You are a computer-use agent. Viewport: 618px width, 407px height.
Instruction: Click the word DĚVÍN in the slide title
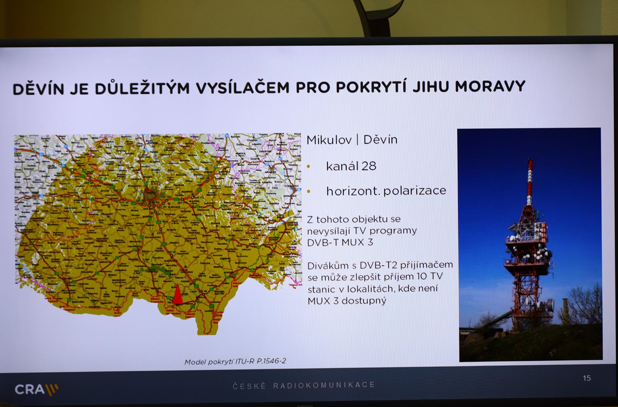click(38, 89)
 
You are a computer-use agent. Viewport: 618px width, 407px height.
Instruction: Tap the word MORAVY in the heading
click(490, 87)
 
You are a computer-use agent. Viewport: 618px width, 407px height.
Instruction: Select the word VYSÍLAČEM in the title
click(242, 87)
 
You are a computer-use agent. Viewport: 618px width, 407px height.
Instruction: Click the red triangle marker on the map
click(178, 294)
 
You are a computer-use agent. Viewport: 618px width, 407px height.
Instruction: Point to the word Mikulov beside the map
click(329, 140)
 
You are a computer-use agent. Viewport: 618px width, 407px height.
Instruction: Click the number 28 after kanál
click(369, 166)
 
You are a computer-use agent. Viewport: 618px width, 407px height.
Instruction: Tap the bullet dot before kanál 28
click(309, 167)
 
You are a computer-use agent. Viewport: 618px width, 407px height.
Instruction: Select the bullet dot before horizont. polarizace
click(309, 191)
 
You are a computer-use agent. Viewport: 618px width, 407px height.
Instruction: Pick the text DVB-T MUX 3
click(340, 242)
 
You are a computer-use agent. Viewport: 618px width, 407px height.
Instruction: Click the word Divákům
click(328, 265)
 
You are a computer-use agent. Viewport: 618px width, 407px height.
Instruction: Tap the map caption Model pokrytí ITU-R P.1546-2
click(235, 362)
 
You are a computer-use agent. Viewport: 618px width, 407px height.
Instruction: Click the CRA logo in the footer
click(36, 389)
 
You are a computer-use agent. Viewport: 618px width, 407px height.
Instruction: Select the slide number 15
click(587, 378)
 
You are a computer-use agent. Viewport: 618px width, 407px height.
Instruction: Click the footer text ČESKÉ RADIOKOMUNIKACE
click(304, 385)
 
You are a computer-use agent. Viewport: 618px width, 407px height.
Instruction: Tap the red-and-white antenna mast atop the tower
click(530, 181)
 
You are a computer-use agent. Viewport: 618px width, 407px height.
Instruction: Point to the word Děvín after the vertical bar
click(380, 140)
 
